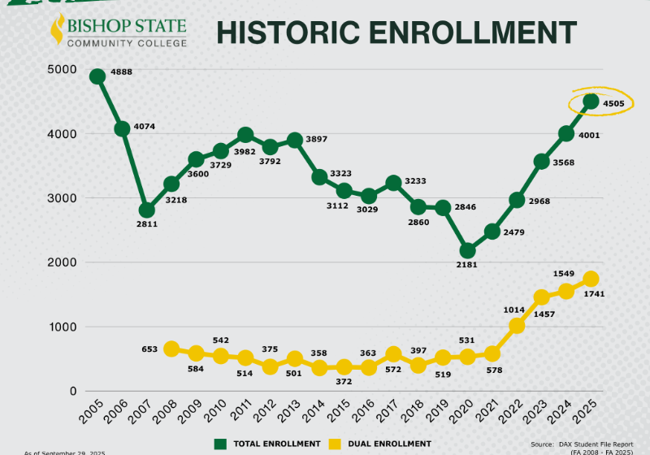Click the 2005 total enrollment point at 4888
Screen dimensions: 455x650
click(x=97, y=76)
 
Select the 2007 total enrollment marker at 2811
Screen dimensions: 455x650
click(x=146, y=210)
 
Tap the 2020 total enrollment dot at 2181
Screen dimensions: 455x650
click(x=467, y=251)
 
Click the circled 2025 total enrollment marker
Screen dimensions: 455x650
click(x=591, y=102)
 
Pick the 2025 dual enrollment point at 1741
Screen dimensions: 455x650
click(x=591, y=279)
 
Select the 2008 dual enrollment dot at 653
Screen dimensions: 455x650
click(x=171, y=349)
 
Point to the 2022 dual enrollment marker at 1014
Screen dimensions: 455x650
click(x=517, y=326)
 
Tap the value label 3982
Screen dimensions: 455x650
click(x=245, y=152)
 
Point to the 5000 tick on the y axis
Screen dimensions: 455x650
click(x=59, y=69)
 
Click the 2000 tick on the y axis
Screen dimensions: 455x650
click(x=59, y=262)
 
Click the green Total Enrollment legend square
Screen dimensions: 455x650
click(x=219, y=444)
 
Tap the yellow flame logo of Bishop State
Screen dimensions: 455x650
click(x=57, y=30)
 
